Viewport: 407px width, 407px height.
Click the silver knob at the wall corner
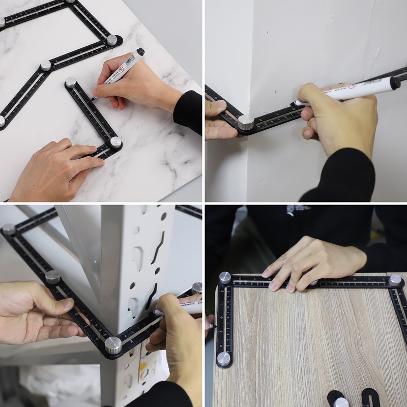(246, 122)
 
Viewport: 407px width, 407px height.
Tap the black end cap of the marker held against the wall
(395, 82)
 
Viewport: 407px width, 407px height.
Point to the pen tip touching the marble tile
(92, 98)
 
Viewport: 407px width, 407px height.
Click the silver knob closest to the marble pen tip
(71, 81)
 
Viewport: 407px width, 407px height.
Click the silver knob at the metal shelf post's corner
(113, 345)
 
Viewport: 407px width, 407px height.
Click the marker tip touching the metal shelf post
(156, 311)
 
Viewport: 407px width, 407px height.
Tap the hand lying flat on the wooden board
(310, 262)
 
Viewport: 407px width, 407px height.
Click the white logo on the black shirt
(292, 210)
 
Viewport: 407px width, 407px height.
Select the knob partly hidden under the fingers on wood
(314, 282)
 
